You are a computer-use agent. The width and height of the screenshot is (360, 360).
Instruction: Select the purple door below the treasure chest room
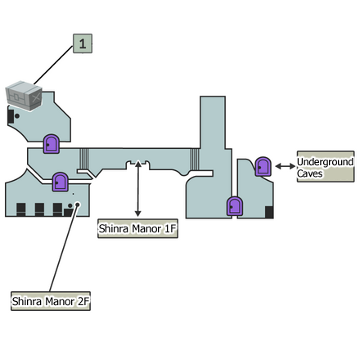(51, 144)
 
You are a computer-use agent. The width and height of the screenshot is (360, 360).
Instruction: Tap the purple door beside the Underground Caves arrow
(263, 166)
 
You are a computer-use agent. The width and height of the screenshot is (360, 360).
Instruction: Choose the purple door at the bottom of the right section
(235, 205)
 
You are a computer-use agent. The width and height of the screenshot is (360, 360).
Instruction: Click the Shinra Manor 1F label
(137, 228)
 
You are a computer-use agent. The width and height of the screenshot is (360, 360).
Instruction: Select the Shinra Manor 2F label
(50, 302)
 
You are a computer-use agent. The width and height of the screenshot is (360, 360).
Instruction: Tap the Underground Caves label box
(325, 167)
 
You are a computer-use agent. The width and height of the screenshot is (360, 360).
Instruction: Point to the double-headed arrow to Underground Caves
(285, 166)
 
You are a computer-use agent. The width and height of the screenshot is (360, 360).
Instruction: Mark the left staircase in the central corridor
(83, 158)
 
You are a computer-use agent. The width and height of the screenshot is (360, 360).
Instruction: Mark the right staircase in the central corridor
(195, 158)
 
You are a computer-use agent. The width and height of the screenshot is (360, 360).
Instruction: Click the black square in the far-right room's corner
(269, 213)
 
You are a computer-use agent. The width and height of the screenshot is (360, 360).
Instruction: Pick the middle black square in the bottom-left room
(39, 209)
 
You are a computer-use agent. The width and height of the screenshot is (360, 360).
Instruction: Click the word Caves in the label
(311, 173)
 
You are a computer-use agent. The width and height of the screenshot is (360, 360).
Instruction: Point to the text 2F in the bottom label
(81, 302)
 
